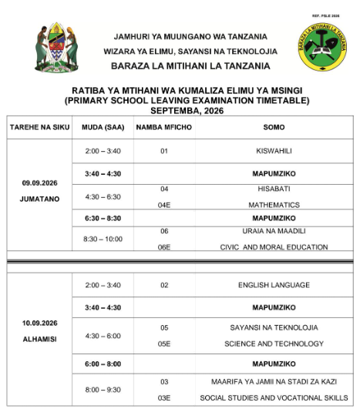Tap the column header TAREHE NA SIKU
coord(39,126)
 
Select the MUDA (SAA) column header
coord(102,126)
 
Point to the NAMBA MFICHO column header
coord(163,126)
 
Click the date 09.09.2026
coord(39,183)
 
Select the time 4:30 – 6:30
coord(102,196)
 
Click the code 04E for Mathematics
coord(164,205)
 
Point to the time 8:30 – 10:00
coord(102,239)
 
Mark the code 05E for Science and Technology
coord(164,344)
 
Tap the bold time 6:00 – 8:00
coord(102,363)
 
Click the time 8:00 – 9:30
coord(102,390)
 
